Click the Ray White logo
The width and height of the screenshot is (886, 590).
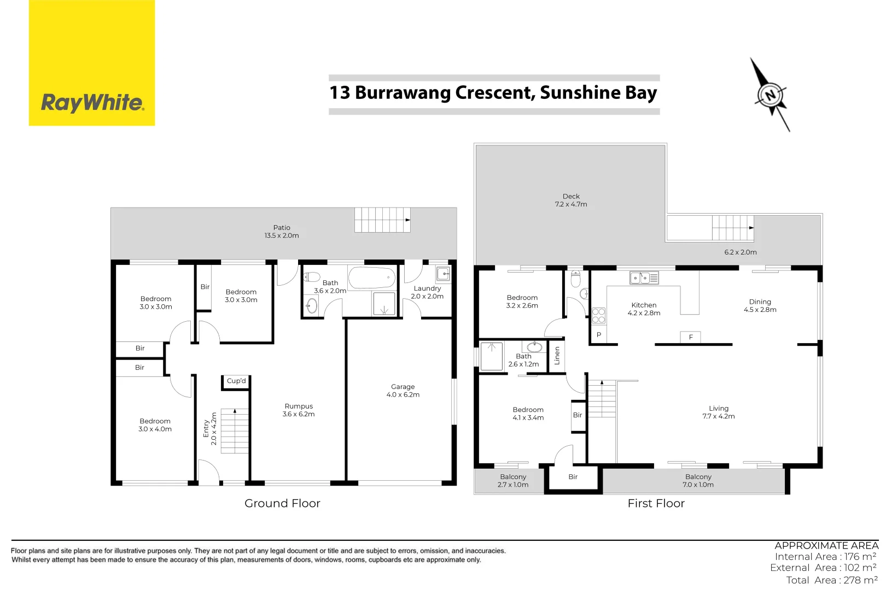[92, 102]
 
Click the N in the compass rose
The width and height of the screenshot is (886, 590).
[771, 95]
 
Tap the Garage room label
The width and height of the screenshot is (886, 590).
[403, 387]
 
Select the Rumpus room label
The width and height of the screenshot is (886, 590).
[299, 406]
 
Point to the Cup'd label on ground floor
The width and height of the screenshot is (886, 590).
[236, 381]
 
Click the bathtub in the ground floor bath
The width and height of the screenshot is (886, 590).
[372, 278]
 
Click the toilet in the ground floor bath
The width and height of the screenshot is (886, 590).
[312, 277]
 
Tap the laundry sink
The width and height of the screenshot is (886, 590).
[443, 274]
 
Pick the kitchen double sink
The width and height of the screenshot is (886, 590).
[644, 278]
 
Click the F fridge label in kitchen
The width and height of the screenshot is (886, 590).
[691, 338]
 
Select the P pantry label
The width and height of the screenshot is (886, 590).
[599, 335]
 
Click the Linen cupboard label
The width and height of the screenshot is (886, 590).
[557, 356]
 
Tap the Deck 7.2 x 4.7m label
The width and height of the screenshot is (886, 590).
[571, 200]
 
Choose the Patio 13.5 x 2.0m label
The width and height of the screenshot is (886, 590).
[282, 232]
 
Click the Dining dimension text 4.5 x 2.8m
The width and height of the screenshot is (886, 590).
[760, 310]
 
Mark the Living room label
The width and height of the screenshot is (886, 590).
[719, 409]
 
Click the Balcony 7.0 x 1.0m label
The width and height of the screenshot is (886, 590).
[698, 481]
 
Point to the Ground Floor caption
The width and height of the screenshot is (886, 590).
[282, 504]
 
